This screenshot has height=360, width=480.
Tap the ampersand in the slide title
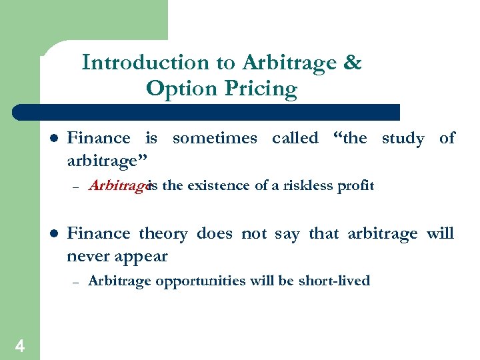[353, 63]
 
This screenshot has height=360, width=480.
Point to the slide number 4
[20, 345]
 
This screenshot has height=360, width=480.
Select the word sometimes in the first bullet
[214, 138]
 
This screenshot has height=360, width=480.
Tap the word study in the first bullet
[403, 138]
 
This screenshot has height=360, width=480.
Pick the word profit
[357, 185]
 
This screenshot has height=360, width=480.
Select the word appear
[143, 257]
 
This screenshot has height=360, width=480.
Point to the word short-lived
[335, 281]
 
